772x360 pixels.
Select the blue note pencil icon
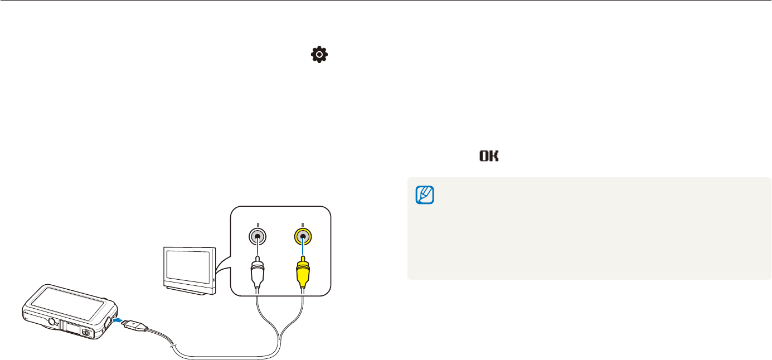point(425,194)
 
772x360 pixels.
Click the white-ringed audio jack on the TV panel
point(258,236)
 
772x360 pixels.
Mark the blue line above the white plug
point(258,250)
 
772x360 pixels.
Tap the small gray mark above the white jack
point(258,223)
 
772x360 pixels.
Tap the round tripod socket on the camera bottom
point(51,322)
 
